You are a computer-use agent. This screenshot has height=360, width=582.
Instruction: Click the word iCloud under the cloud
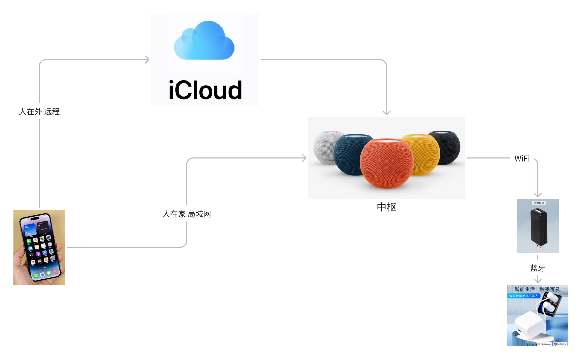click(205, 90)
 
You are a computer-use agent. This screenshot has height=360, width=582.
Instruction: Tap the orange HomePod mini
click(387, 164)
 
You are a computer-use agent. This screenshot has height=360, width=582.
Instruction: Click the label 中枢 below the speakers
click(387, 207)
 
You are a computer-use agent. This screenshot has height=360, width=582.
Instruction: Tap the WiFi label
click(522, 158)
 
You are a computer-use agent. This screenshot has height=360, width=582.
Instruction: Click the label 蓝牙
click(537, 268)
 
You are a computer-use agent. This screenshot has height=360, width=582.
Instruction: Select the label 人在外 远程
click(39, 111)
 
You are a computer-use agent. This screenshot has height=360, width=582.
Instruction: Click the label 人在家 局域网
click(187, 214)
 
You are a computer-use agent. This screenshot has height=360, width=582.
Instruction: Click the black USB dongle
click(538, 227)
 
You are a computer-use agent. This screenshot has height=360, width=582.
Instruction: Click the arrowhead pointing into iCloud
click(147, 60)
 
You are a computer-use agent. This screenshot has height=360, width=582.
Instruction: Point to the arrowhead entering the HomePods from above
click(387, 113)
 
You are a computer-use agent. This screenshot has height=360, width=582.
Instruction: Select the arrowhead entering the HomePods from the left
click(304, 158)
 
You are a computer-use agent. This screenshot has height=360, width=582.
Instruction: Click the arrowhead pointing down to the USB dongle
click(537, 195)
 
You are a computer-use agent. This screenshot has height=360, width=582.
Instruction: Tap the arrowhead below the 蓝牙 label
click(537, 280)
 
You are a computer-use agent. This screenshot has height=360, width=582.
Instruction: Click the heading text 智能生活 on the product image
click(525, 289)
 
